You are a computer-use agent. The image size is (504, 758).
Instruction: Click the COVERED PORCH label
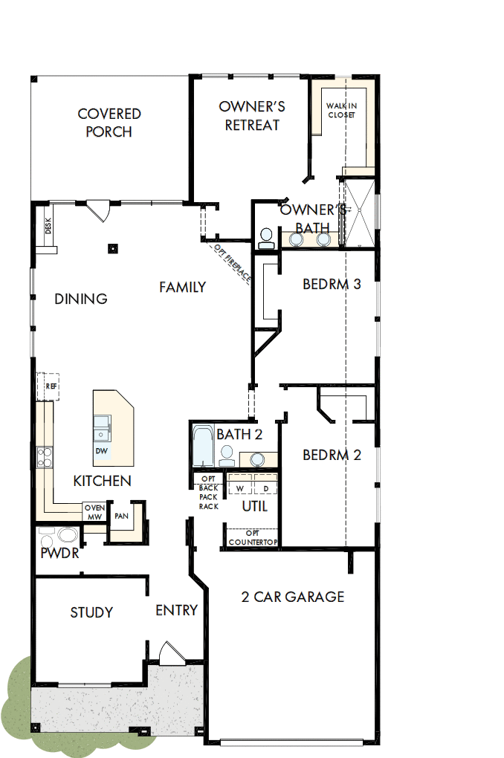[x=109, y=123]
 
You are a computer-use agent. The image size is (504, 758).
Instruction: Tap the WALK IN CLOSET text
[x=341, y=111]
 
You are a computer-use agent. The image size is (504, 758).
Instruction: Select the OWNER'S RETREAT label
[x=252, y=116]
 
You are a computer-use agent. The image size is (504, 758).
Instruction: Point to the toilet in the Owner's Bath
[x=265, y=238]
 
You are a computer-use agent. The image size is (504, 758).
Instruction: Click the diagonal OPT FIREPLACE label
[x=233, y=263]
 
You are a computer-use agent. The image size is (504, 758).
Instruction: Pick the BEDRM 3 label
[x=332, y=284]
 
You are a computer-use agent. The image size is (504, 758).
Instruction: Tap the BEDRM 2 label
[x=332, y=455]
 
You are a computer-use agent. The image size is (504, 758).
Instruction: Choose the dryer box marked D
[x=265, y=488]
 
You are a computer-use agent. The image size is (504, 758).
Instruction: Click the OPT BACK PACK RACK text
[x=208, y=493]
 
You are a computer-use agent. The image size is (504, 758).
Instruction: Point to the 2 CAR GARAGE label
[x=293, y=596]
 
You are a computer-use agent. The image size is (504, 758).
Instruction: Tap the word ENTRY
[x=176, y=610]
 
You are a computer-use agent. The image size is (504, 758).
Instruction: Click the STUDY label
[x=91, y=612]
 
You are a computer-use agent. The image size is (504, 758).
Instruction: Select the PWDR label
[x=60, y=553]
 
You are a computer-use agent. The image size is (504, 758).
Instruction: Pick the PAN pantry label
[x=120, y=515]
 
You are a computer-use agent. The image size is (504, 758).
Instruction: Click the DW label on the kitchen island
[x=101, y=451]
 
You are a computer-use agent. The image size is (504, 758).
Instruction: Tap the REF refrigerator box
[x=51, y=386]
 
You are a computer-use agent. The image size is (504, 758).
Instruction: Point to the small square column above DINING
[x=113, y=249]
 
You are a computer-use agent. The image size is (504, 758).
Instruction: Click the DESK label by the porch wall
[x=48, y=226]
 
